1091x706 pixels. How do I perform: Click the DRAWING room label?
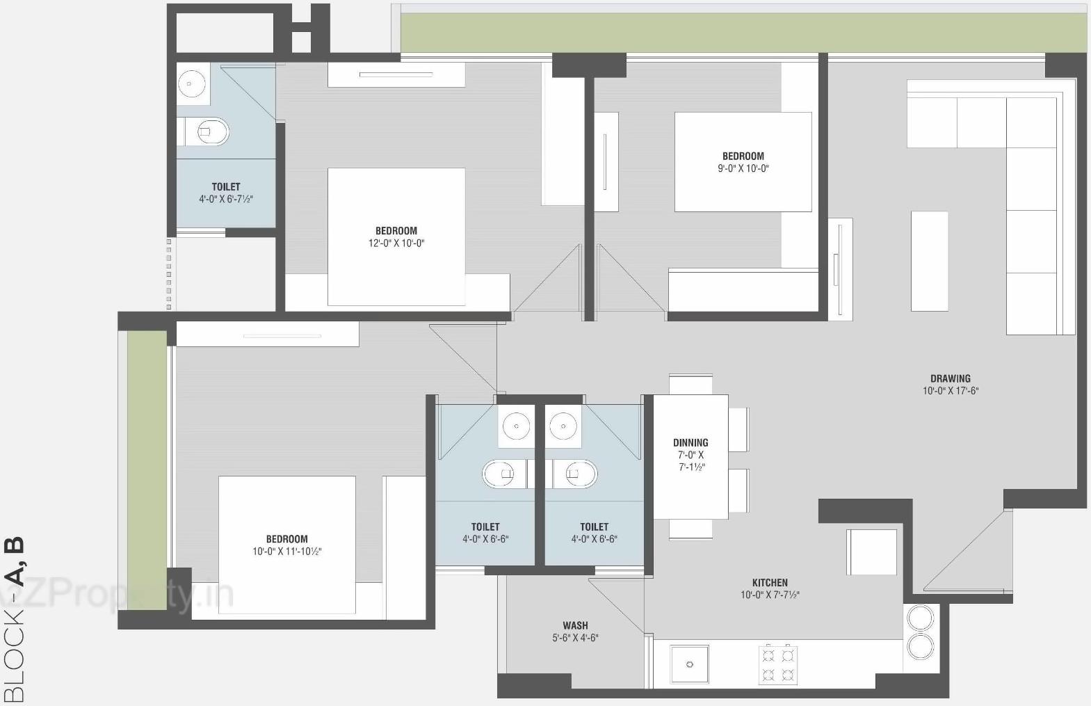(950, 378)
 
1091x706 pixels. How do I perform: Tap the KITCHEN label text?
(770, 583)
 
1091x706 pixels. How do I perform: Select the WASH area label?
(575, 625)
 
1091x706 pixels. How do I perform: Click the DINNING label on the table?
(690, 442)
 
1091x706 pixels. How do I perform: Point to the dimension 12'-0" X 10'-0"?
(396, 243)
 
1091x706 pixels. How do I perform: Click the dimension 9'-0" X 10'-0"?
(743, 168)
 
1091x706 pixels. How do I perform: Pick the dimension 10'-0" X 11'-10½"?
(286, 552)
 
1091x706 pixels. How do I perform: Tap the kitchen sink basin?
(689, 664)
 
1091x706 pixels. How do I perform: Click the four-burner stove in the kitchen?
(778, 664)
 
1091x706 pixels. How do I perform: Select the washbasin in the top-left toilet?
(191, 84)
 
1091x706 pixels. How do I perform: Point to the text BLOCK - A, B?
(14, 619)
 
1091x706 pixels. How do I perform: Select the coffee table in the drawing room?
(929, 261)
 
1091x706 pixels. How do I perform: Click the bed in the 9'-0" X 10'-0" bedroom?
(743, 161)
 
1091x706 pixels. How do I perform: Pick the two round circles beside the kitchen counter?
(921, 631)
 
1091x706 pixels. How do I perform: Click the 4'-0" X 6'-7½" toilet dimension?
(225, 199)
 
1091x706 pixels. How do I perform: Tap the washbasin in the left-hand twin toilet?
(516, 424)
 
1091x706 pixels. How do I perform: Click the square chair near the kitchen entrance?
(871, 552)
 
